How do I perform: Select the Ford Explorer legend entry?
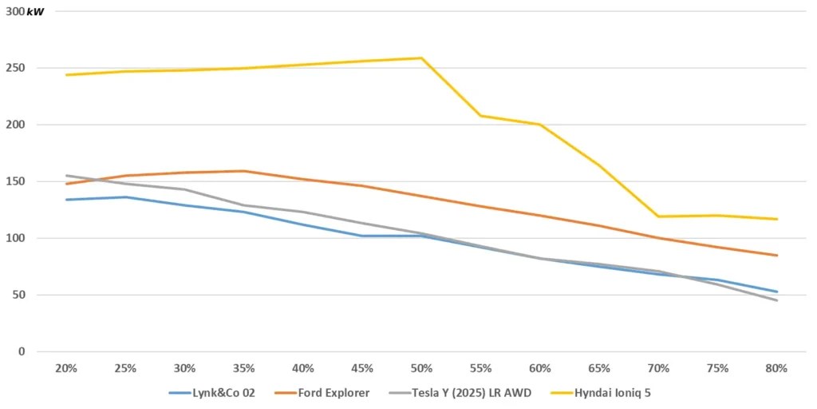(330, 393)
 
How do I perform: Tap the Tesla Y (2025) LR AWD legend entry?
(462, 393)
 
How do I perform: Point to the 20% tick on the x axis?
(65, 368)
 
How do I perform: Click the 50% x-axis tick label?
(421, 368)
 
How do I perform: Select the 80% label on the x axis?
(776, 368)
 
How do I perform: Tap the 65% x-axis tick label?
(599, 368)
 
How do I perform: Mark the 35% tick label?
(243, 368)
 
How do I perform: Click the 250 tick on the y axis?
(15, 68)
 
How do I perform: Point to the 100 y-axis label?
(15, 238)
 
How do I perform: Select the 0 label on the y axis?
(21, 351)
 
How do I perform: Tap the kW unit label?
(35, 12)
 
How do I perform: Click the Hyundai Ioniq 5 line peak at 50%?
(421, 58)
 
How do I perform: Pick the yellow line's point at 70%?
(658, 216)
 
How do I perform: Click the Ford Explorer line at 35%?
(243, 171)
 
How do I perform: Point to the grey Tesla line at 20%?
(65, 176)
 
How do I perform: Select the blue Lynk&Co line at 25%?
(125, 197)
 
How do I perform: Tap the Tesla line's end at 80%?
(776, 300)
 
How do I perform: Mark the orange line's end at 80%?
(776, 256)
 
